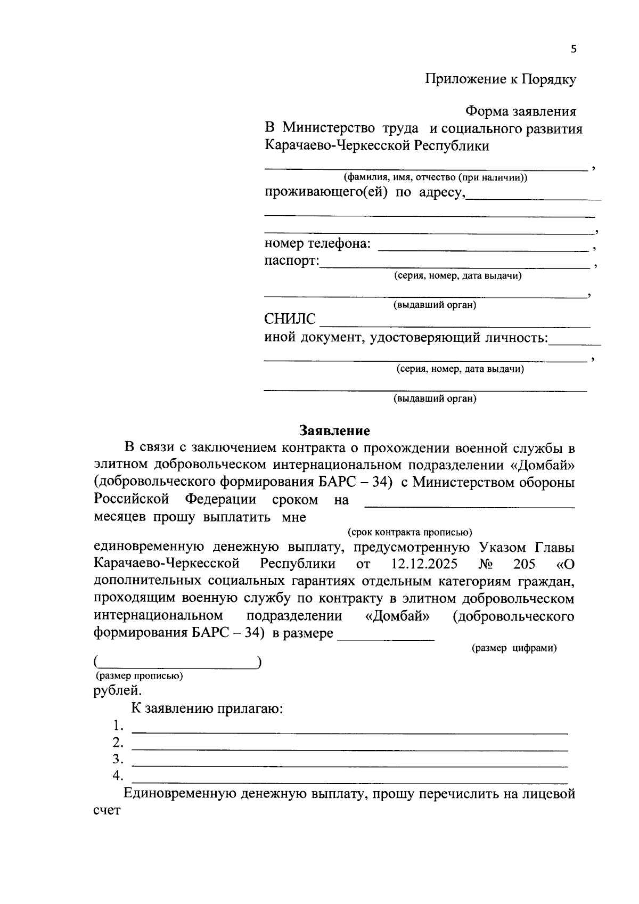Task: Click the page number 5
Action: coord(573,50)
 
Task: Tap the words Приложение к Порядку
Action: coord(500,80)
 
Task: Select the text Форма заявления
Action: coord(520,112)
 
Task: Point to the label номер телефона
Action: coord(317,244)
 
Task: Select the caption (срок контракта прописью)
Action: coord(409,532)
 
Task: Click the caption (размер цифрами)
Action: coord(514,648)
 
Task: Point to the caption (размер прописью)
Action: coord(139,676)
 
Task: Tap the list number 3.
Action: coord(118,759)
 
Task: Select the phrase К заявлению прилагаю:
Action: coord(207,709)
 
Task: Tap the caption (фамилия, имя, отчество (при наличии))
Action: coord(435,177)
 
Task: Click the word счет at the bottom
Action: coord(106,810)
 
